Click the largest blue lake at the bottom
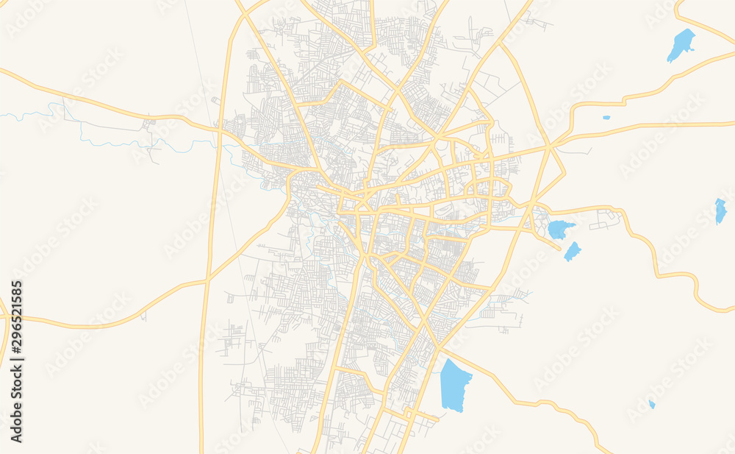455,385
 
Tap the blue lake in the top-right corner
681,45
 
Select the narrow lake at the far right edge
720,210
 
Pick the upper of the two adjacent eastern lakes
560,229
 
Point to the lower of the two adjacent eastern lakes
573,252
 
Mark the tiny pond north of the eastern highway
606,117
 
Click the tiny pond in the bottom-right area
652,404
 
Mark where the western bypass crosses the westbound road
218,131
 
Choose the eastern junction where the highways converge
549,145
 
